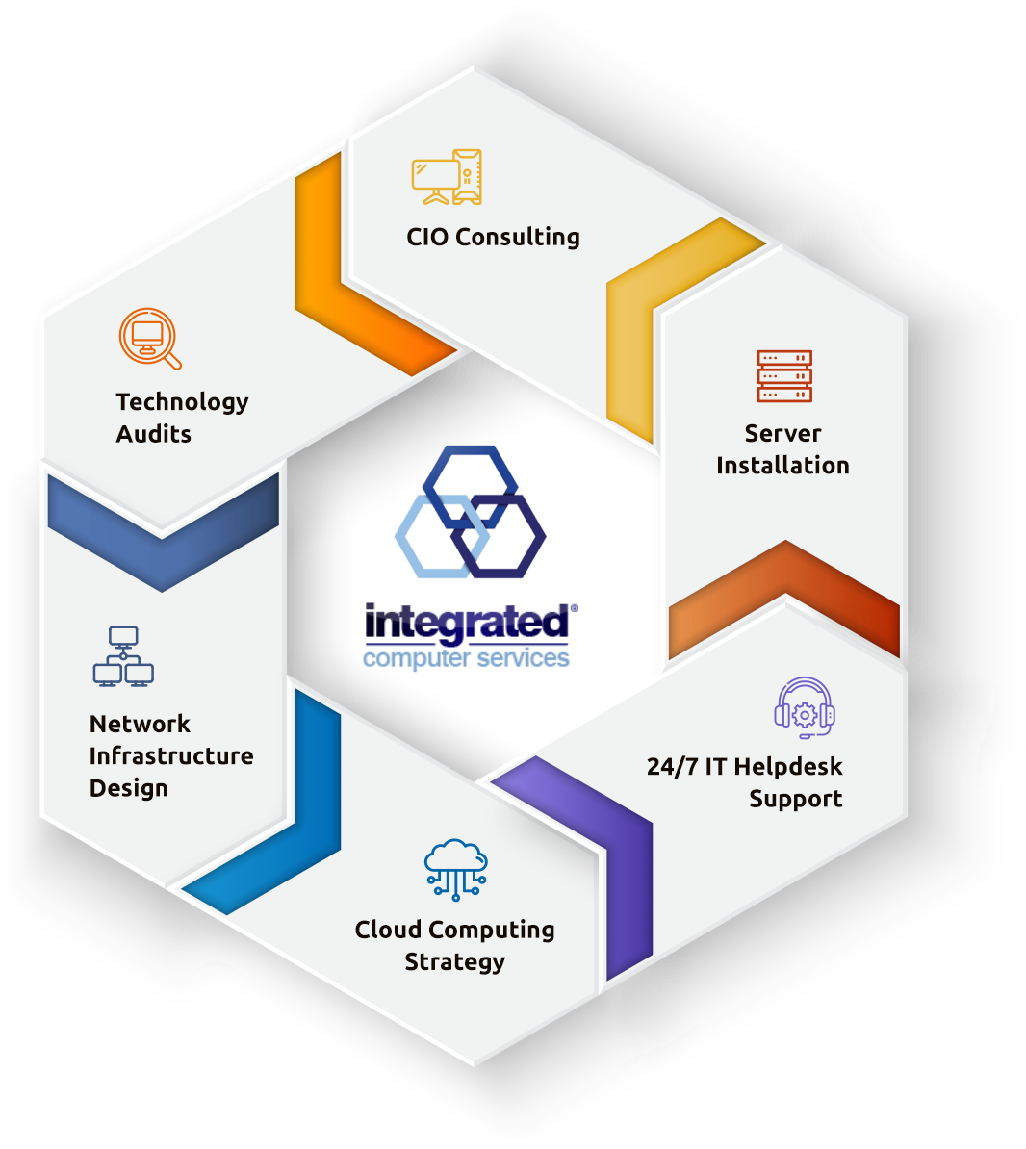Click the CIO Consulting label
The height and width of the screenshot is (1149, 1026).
click(493, 237)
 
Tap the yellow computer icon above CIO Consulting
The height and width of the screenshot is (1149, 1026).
click(447, 177)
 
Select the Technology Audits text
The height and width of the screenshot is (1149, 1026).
click(182, 417)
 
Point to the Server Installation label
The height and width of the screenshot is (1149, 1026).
click(782, 449)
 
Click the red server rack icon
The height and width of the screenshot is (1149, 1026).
click(784, 376)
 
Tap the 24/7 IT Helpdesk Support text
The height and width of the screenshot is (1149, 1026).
click(746, 782)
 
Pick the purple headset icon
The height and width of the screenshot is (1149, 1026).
click(805, 708)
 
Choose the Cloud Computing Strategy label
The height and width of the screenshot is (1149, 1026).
click(454, 945)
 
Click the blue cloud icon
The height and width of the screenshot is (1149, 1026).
click(456, 869)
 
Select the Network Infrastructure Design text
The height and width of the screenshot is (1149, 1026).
click(170, 755)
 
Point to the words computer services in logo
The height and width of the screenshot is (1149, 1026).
click(467, 659)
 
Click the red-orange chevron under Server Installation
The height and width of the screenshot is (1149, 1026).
click(784, 592)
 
